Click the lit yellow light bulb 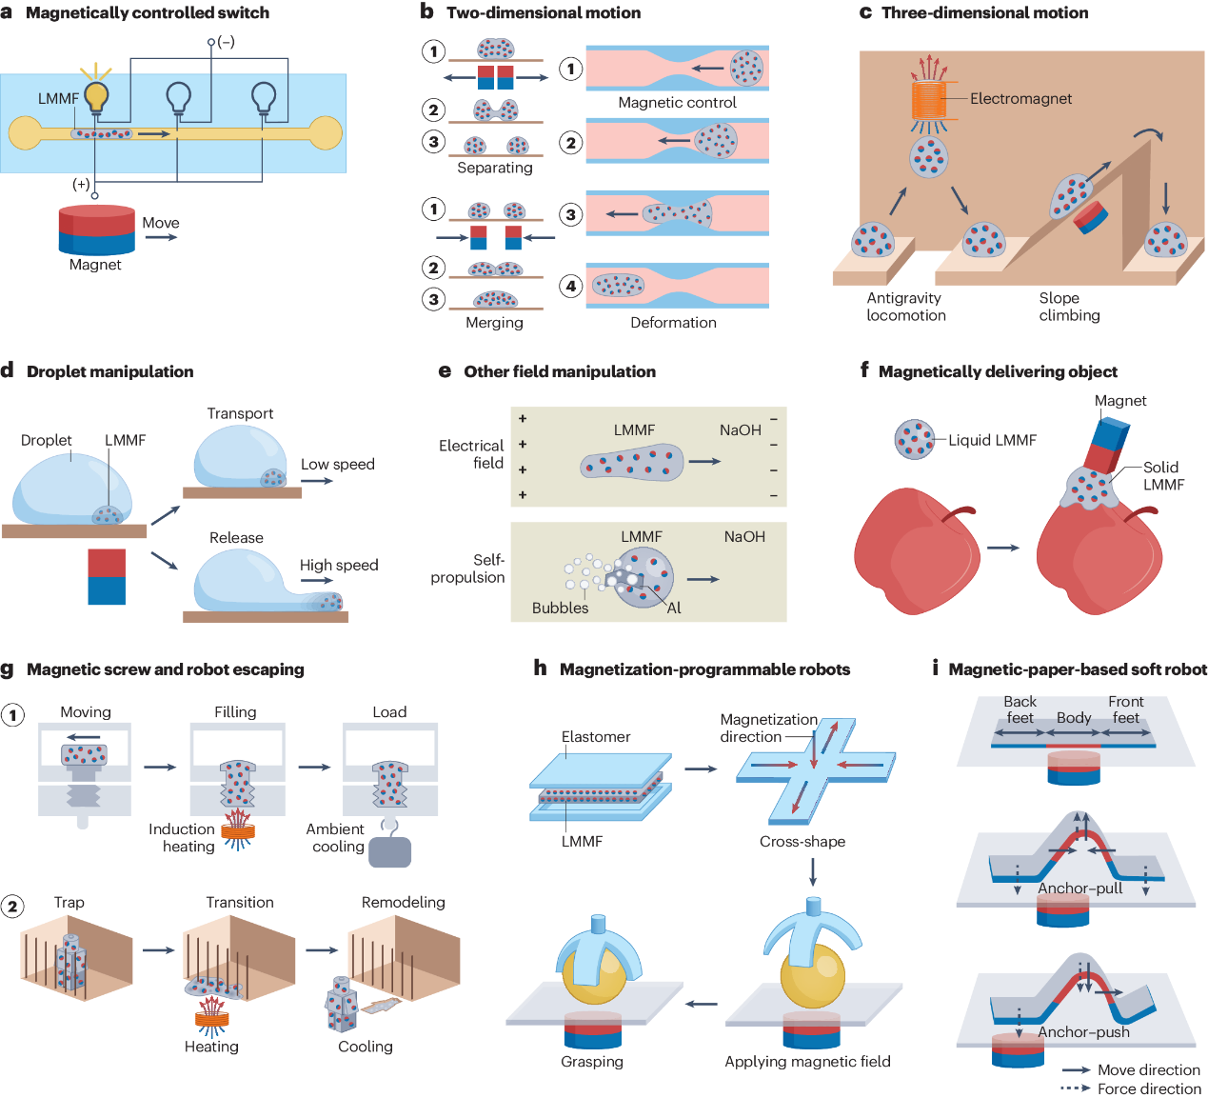click(x=96, y=95)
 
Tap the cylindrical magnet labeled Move click(x=96, y=230)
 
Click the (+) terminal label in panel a click(x=82, y=184)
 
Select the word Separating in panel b click(x=494, y=168)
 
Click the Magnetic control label click(x=677, y=103)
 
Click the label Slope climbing click(x=1068, y=307)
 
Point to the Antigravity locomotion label click(x=905, y=307)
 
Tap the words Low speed click(x=338, y=465)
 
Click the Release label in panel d click(x=236, y=538)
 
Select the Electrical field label click(x=472, y=454)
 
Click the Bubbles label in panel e click(x=560, y=608)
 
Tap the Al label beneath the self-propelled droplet click(x=674, y=608)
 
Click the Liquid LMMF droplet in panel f click(x=914, y=439)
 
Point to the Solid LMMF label click(x=1162, y=475)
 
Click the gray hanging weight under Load click(x=389, y=851)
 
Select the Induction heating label click(x=182, y=838)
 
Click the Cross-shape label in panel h click(x=802, y=842)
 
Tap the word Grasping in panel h click(x=592, y=1062)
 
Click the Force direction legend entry click(x=1148, y=1088)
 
